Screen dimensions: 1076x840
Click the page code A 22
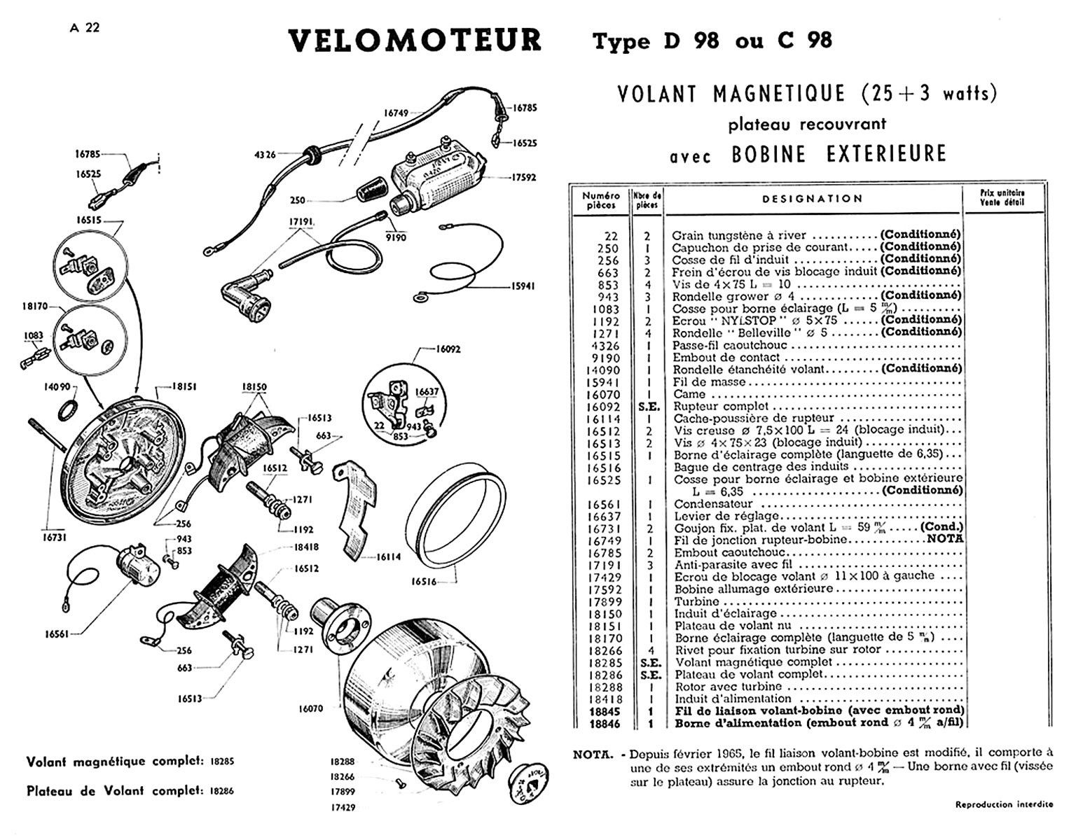[x=85, y=28]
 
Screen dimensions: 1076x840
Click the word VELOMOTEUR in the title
[x=415, y=41]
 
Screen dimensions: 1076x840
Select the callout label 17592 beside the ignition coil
[x=523, y=178]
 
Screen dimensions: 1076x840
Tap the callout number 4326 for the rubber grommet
[x=264, y=155]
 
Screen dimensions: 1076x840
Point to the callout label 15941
[x=523, y=286]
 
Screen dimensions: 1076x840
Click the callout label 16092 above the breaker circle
[x=448, y=349]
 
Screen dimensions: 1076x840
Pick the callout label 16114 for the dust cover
[x=389, y=557]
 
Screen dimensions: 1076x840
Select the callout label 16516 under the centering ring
[x=424, y=582]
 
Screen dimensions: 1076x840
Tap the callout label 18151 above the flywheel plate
[x=184, y=387]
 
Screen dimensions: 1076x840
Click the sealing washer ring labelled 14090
[x=69, y=411]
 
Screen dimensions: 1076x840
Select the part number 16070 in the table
[x=603, y=395]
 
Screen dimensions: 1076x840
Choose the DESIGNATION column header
[x=812, y=199]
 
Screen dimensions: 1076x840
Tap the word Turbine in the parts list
[x=697, y=601]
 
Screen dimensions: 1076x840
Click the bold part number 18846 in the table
[x=605, y=724]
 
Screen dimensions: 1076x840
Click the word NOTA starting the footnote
[x=593, y=755]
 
